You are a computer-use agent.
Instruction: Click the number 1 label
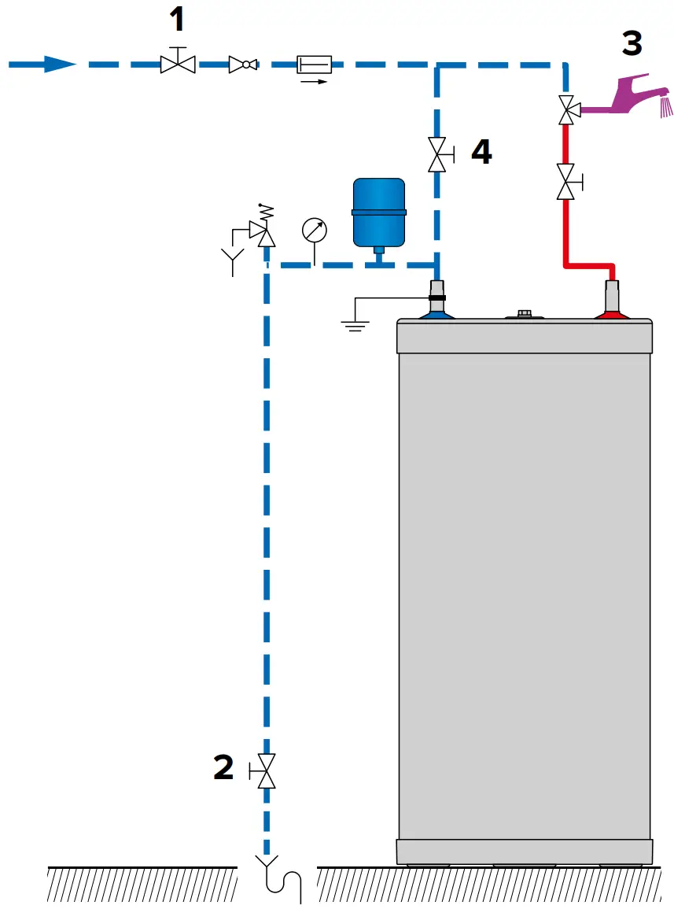tap(178, 19)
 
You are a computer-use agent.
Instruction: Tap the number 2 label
tap(223, 767)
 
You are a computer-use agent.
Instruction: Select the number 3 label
tap(632, 43)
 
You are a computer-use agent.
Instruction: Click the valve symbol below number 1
tap(178, 63)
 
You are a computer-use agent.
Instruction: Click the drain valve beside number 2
tap(267, 770)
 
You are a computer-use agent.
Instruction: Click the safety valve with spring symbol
tap(263, 228)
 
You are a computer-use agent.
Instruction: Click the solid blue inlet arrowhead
tap(59, 64)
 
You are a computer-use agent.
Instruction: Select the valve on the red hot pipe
tap(565, 181)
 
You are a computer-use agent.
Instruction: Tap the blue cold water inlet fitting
tap(438, 309)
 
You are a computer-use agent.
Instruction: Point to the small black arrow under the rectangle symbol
tap(313, 80)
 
